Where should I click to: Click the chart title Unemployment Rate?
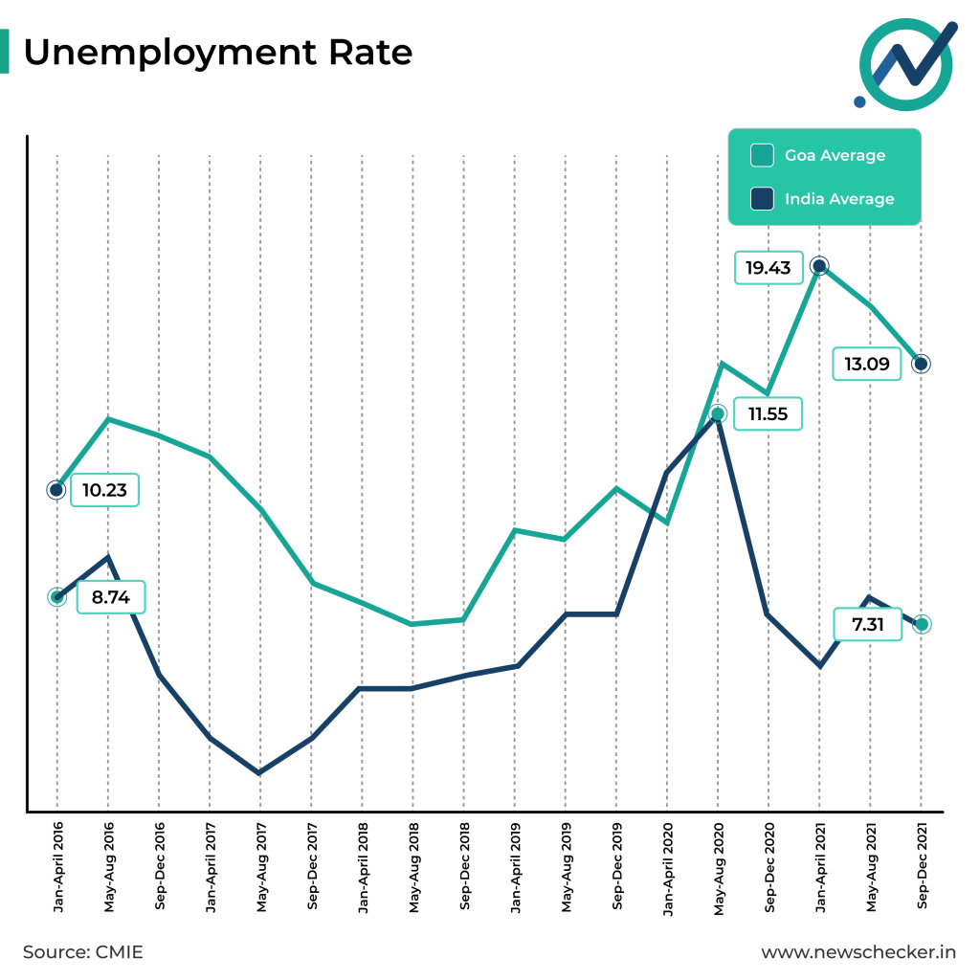pyautogui.click(x=217, y=53)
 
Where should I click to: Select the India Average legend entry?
pyautogui.click(x=824, y=199)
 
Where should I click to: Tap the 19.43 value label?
pyautogui.click(x=768, y=267)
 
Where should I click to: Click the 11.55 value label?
pyautogui.click(x=768, y=414)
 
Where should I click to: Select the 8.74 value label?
pyautogui.click(x=111, y=598)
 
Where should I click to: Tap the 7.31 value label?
pyautogui.click(x=868, y=624)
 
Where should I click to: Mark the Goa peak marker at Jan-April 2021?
pyautogui.click(x=819, y=266)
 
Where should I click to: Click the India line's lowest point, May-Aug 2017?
pyautogui.click(x=260, y=772)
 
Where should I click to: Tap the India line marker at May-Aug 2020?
pyautogui.click(x=718, y=415)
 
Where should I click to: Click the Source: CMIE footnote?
pyautogui.click(x=82, y=952)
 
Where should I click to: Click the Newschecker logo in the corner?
pyautogui.click(x=904, y=62)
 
